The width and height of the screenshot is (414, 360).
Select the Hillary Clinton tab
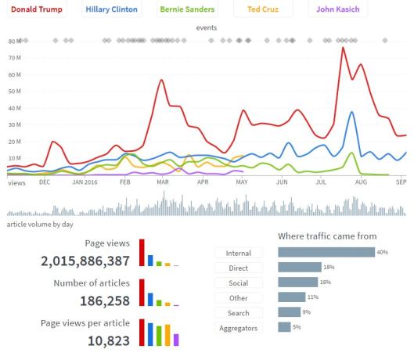(111, 10)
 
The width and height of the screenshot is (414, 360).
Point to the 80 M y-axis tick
(14, 41)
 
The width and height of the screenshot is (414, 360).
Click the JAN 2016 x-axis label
(85, 182)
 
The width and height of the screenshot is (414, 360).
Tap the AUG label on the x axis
(361, 182)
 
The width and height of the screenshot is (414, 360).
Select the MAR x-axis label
(163, 182)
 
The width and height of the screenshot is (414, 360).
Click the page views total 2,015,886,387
(85, 261)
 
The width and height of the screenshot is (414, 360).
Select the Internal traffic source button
(238, 253)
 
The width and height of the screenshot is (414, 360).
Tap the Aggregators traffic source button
(238, 328)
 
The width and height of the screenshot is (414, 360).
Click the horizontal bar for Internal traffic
(326, 253)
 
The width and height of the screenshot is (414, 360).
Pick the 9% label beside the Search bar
(305, 313)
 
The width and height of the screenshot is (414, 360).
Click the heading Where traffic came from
(327, 236)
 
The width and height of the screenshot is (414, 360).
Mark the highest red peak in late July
(343, 49)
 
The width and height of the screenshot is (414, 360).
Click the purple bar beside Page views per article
(176, 339)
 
